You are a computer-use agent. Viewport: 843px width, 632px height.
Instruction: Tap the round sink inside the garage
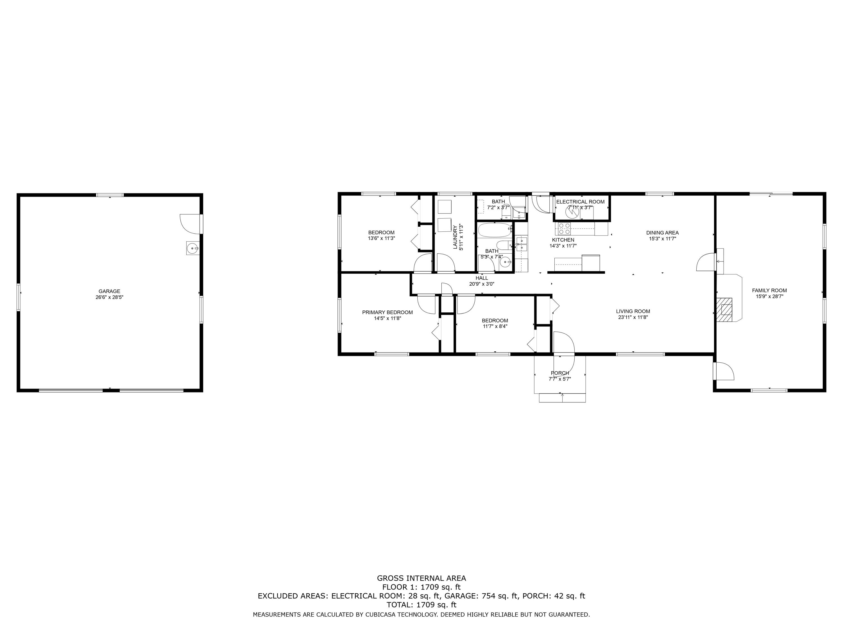coord(192,248)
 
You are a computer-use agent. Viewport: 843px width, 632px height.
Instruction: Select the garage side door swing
coord(191,224)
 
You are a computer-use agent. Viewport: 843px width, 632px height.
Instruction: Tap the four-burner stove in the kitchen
coord(564,229)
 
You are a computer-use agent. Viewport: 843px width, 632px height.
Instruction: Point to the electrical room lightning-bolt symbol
coord(572,213)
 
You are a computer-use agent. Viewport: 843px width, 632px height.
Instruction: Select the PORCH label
coord(560,373)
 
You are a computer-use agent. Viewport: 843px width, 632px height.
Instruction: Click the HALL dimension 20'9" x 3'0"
coord(482,284)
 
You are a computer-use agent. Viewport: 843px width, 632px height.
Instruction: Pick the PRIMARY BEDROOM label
coord(387,312)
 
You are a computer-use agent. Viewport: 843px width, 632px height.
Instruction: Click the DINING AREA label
coord(662,233)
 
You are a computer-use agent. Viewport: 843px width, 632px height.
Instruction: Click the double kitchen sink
coord(521,244)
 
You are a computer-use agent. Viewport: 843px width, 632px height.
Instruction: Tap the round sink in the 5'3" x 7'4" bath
coord(505,262)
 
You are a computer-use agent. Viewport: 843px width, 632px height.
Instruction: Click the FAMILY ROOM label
coord(769,290)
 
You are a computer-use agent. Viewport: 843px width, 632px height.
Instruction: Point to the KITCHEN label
coord(563,240)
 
